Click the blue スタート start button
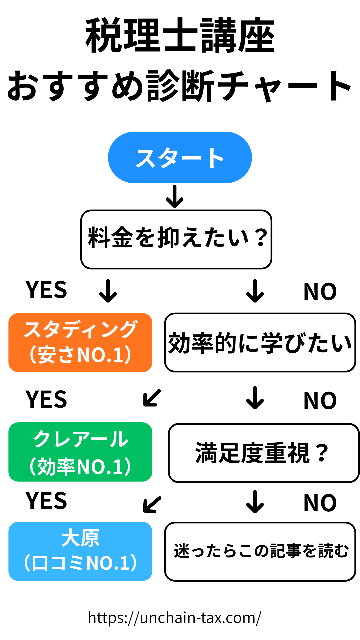tap(180, 158)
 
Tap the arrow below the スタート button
tap(175, 197)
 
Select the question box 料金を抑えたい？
tap(176, 239)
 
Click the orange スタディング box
tap(80, 342)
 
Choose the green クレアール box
tap(80, 452)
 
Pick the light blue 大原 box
tap(80, 551)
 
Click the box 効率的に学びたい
tap(260, 342)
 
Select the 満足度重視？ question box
tap(264, 453)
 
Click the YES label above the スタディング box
tap(46, 290)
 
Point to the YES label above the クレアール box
tap(46, 399)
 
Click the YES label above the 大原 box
tap(46, 501)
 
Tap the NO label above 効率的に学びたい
tap(320, 292)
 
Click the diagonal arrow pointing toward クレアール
tap(152, 398)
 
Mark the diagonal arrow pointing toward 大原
tap(152, 504)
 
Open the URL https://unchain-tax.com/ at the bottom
tap(175, 618)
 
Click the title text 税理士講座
tap(180, 36)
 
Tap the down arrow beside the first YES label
tap(108, 291)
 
